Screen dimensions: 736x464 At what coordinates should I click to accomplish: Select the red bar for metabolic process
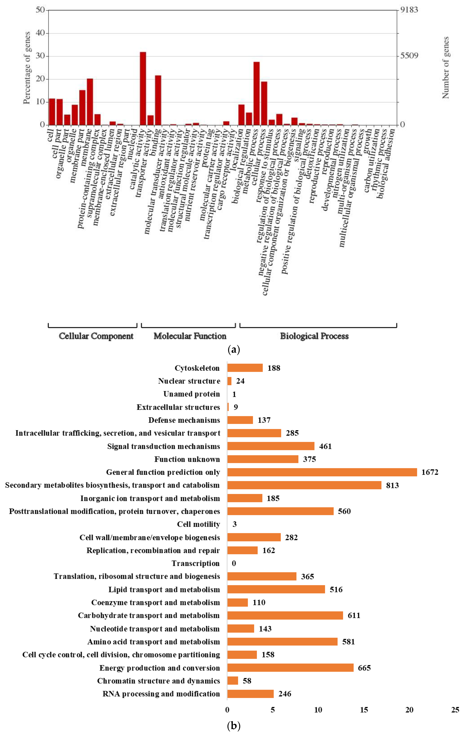coord(257,93)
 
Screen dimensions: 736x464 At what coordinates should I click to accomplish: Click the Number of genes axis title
coord(446,68)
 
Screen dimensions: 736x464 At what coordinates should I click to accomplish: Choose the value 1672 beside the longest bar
coord(430,472)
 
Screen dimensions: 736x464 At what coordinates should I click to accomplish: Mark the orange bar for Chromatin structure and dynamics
coord(232,681)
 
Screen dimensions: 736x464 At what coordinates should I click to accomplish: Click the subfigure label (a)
coord(234,349)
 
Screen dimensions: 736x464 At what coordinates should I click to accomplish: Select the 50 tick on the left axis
coord(40,10)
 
